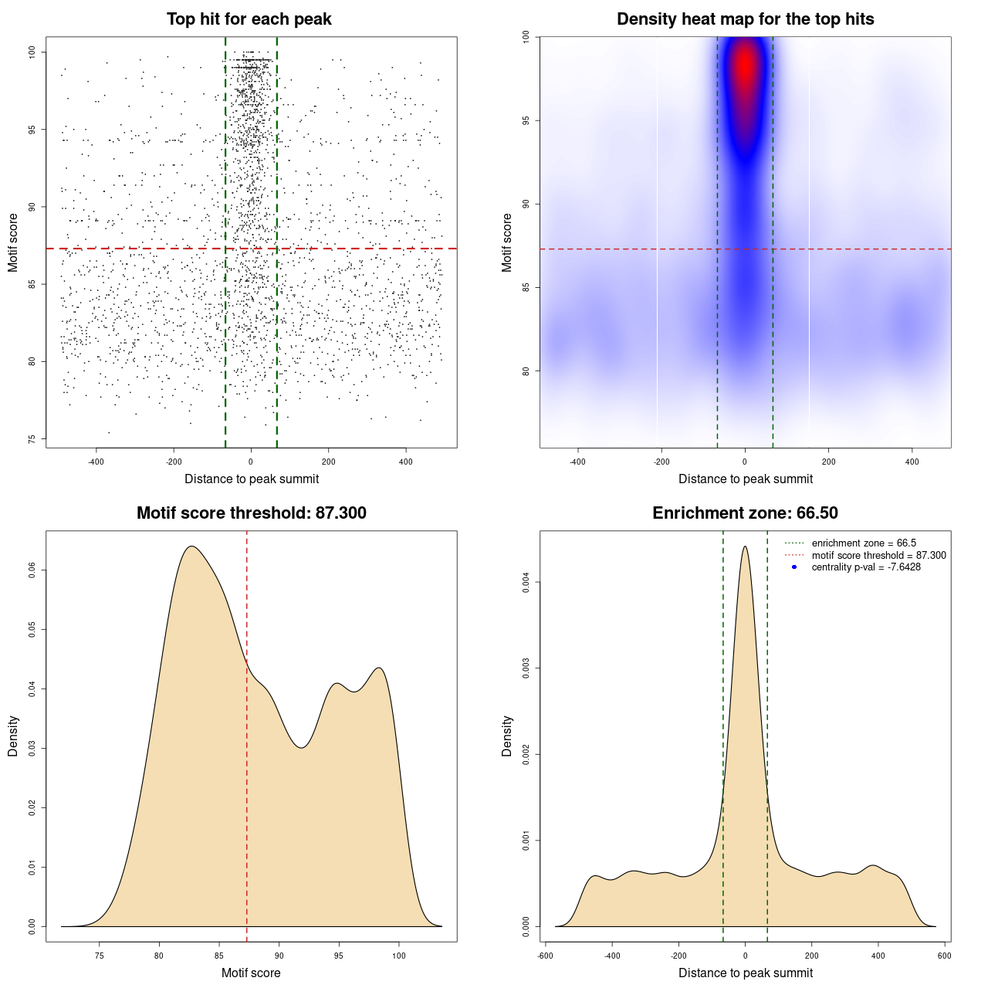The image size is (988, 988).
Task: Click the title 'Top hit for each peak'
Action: point(249,19)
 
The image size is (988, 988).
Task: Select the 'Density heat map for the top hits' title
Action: point(745,19)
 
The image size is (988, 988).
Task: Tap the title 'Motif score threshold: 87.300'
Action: point(251,513)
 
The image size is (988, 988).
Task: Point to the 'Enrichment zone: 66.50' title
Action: point(745,513)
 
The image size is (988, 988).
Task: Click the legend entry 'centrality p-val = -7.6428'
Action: point(865,567)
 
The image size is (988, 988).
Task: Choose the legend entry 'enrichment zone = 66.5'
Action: point(864,543)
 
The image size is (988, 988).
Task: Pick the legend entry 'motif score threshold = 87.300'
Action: point(878,555)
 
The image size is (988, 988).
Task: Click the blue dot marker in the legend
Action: point(794,567)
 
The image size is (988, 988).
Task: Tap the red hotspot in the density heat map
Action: point(745,66)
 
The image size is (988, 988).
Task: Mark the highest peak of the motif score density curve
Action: point(191,546)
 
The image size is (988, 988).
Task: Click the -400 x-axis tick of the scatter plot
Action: point(96,462)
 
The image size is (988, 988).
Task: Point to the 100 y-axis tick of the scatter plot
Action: point(32,52)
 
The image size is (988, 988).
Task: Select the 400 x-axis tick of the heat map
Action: point(912,462)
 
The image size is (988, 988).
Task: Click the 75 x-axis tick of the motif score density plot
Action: point(100,956)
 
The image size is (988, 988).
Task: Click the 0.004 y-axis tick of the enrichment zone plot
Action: point(526,582)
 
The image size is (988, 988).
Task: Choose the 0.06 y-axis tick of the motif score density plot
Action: point(32,570)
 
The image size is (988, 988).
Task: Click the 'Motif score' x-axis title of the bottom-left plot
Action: point(251,973)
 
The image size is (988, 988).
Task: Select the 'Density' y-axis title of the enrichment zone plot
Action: point(507,736)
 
